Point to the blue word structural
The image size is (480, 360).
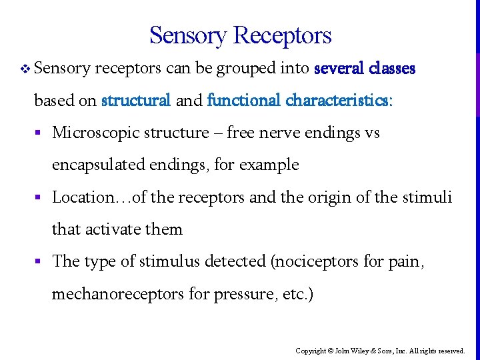[x=136, y=100]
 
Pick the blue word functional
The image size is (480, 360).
[x=244, y=100]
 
